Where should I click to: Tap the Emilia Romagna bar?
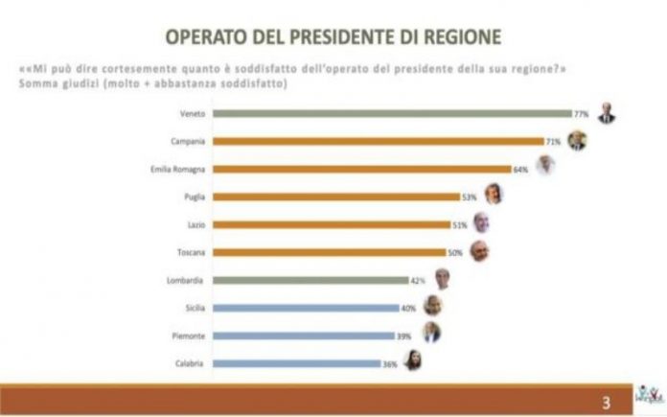[368, 169]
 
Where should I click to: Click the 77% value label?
[580, 113]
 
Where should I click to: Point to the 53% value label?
[470, 197]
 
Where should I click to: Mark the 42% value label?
[419, 280]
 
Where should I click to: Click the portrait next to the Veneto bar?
[606, 113]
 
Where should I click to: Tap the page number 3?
[606, 401]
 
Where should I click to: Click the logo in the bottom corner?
[646, 395]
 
